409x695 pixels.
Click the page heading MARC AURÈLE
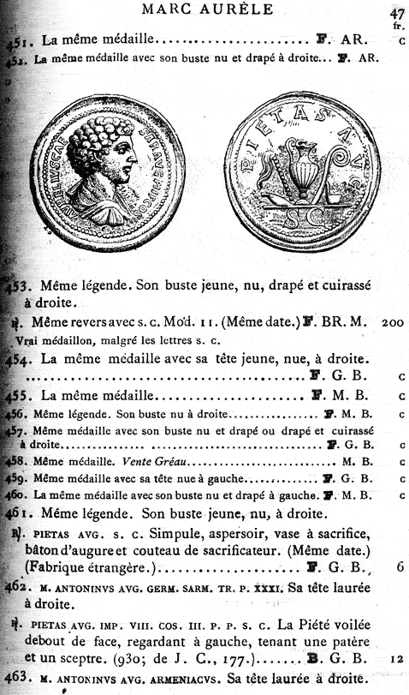[206, 10]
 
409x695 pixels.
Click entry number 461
[25, 514]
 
